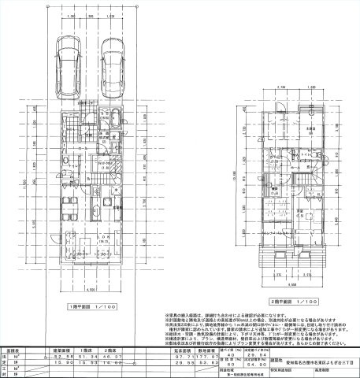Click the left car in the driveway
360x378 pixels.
67,65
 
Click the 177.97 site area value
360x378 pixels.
208,358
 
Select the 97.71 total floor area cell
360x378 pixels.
184,358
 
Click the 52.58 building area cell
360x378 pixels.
62,358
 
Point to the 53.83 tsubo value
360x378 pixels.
208,366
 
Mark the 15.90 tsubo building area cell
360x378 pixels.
62,366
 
